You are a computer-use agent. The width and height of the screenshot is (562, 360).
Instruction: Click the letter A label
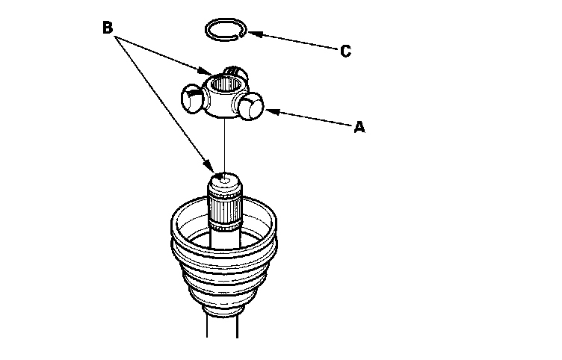tap(359, 128)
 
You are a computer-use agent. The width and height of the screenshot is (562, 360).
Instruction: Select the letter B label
tap(108, 28)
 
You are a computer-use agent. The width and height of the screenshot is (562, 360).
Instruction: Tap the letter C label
tap(345, 52)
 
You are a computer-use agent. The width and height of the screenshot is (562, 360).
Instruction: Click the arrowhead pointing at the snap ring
tap(251, 32)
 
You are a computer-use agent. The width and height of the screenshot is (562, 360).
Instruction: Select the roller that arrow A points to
tap(252, 108)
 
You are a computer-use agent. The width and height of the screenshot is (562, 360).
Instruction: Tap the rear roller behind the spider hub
tap(235, 72)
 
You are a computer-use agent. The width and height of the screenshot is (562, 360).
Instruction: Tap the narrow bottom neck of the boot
tap(223, 310)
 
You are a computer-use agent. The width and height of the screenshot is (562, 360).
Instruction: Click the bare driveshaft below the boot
tap(224, 340)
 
